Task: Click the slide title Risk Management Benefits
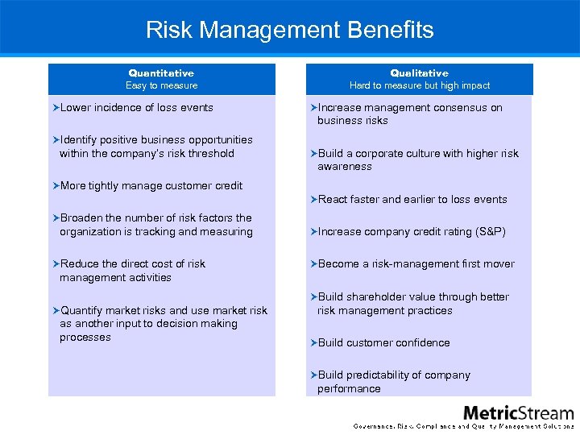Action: coord(290,31)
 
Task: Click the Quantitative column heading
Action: coord(161,72)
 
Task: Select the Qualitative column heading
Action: coord(419,72)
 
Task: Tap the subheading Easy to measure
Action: coord(161,85)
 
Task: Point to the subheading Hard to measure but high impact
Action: coord(419,85)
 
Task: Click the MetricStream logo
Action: coord(518,412)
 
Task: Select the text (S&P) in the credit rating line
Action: coord(489,232)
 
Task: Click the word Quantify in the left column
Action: coord(81,310)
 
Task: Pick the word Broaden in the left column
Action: coord(81,218)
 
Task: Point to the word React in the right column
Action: coord(333,200)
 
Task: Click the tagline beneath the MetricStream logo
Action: coord(464,426)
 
